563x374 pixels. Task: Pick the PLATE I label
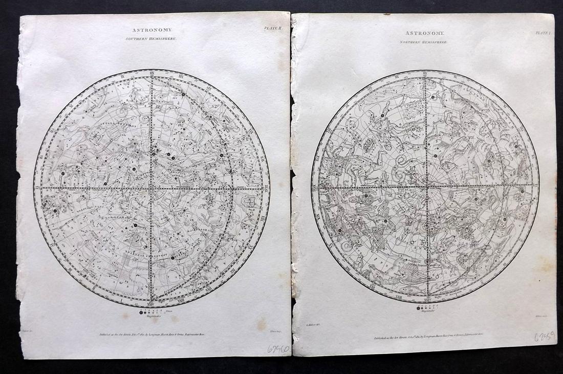542,32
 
